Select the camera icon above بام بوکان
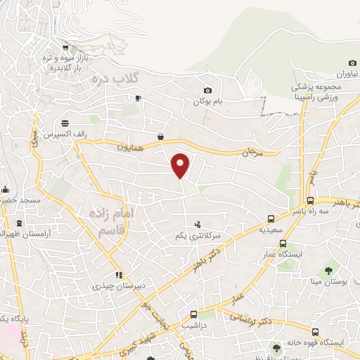tap(207, 90)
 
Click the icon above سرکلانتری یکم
tap(197, 224)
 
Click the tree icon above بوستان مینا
tap(328, 271)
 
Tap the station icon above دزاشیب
tap(193, 312)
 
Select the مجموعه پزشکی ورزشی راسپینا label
tap(316, 92)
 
